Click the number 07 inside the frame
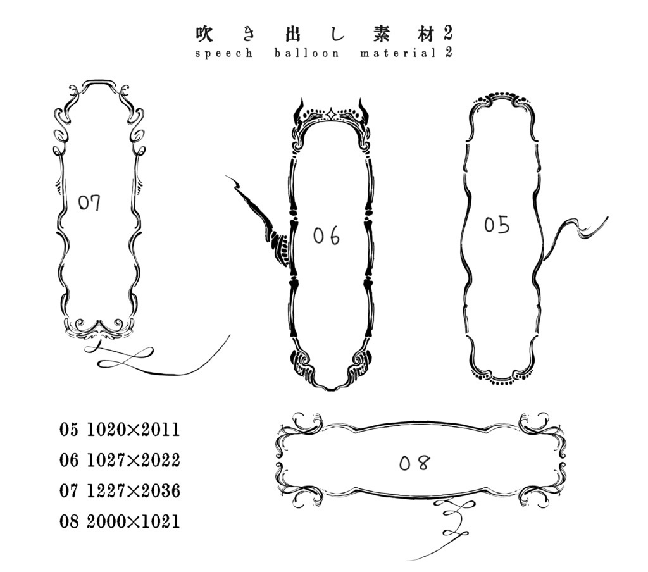89,203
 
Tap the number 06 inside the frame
327,235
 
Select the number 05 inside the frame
497,225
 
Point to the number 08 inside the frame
414,463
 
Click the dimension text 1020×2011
134,430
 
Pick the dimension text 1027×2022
134,460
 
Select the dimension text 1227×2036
134,490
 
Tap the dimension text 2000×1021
134,521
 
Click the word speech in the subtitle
223,54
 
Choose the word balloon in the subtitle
306,53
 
